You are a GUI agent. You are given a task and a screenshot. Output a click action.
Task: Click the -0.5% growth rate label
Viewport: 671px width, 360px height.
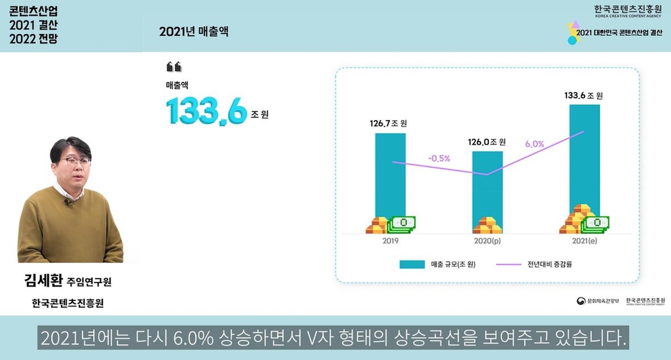(x=439, y=158)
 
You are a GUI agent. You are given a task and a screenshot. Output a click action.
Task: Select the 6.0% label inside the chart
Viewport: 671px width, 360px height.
(x=535, y=144)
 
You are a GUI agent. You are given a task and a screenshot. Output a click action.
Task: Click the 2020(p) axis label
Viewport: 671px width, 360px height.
(x=487, y=241)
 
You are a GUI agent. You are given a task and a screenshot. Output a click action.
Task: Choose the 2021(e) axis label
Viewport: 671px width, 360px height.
(x=585, y=241)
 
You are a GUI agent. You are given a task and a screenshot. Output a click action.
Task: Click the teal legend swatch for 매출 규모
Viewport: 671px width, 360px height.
(x=413, y=265)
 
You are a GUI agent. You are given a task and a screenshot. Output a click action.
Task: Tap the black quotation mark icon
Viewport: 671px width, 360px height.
(x=174, y=66)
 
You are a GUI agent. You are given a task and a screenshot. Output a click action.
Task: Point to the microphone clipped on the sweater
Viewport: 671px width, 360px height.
(x=67, y=202)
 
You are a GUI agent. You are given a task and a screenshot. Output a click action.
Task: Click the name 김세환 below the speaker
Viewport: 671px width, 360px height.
(x=43, y=282)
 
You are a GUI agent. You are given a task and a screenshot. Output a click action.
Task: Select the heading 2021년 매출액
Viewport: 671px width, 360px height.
(x=193, y=31)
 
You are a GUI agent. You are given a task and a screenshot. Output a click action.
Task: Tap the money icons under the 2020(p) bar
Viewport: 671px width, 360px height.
(x=488, y=225)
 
